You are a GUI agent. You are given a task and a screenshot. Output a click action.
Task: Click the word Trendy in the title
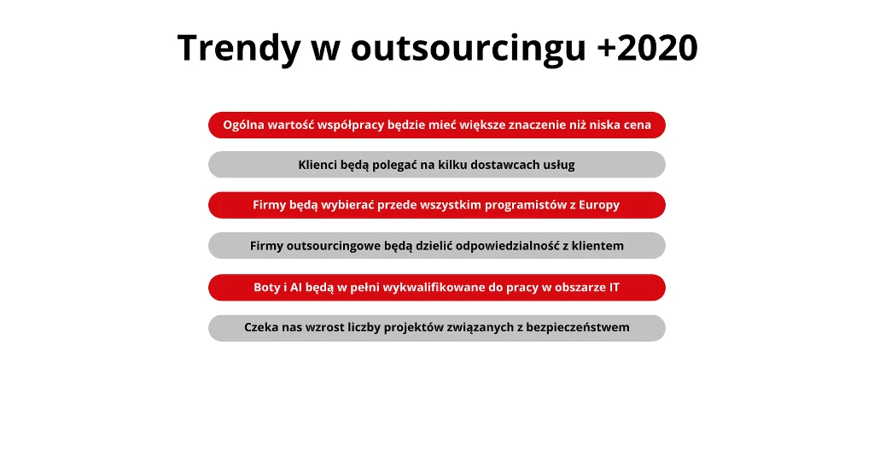coord(239,49)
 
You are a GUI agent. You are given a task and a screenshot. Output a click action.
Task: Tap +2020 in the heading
coord(647,47)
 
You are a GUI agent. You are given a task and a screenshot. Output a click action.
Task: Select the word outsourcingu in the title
coord(469,49)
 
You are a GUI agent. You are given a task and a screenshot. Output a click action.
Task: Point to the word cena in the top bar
coord(638,126)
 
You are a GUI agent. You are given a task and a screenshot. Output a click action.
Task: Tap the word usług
coord(559,166)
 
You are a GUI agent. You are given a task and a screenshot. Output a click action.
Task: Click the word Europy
coord(599,206)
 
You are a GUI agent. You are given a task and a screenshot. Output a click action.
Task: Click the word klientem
coord(597,246)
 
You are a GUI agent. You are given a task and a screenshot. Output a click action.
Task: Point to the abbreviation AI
coord(295,288)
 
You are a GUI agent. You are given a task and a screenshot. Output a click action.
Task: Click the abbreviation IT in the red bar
coord(615,288)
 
